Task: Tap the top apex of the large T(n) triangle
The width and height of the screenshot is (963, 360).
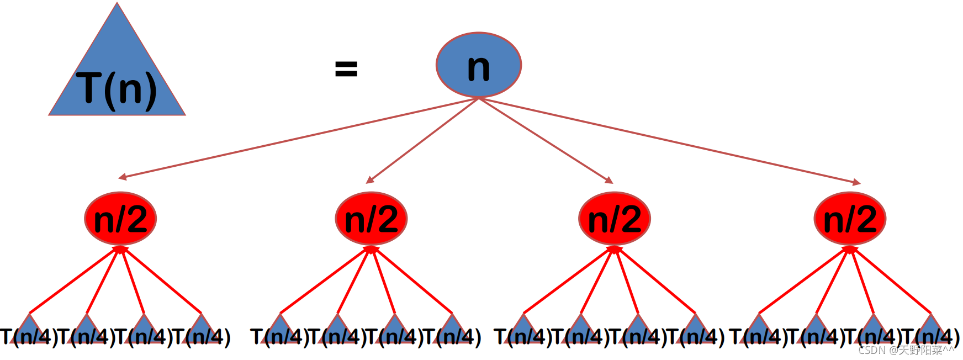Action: click(117, 4)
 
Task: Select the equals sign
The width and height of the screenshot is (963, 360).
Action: click(346, 69)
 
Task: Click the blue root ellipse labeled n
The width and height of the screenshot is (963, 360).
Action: click(479, 65)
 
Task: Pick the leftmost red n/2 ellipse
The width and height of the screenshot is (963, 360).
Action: click(120, 219)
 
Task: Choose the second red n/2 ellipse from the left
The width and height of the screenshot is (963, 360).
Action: click(371, 219)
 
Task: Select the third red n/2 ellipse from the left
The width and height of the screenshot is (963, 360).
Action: click(615, 219)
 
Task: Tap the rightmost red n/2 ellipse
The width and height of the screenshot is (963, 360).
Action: click(850, 219)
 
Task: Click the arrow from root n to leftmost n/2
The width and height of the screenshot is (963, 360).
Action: click(298, 137)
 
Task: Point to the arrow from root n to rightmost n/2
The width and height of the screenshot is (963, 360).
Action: click(668, 140)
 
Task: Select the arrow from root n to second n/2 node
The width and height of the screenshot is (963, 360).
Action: click(422, 140)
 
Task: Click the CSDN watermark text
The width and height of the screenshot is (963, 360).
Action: click(906, 350)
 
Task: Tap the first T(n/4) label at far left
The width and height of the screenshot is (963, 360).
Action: click(29, 337)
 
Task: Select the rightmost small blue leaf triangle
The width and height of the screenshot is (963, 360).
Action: click(931, 326)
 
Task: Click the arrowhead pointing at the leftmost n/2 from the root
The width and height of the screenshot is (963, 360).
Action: click(122, 177)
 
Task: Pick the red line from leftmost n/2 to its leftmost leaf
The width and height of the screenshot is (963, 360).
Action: click(75, 280)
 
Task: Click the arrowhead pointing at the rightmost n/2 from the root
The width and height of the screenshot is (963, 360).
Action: click(857, 182)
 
